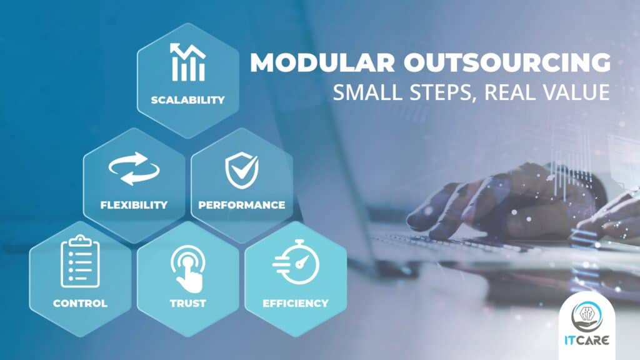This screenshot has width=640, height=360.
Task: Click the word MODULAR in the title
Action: coord(322,62)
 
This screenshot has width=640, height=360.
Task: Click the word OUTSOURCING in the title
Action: coord(507,62)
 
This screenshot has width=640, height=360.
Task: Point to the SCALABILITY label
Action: coord(187,100)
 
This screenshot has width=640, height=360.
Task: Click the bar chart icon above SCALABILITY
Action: coord(187,62)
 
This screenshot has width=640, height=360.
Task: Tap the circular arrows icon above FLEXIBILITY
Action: coord(134,169)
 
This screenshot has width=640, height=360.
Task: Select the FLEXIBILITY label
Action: coord(134,205)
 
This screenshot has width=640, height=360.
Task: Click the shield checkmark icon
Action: coord(242,170)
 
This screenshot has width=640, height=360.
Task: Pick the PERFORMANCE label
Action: coord(242,205)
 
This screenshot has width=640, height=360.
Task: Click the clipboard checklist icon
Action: coord(80,261)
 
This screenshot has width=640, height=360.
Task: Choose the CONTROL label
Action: coord(81,303)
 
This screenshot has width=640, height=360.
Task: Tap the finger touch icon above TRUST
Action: coord(187,268)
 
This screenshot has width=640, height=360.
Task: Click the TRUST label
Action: coord(188,303)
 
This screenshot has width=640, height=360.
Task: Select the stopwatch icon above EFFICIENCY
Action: coord(296,262)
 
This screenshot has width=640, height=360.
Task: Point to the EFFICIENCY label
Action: coord(296,303)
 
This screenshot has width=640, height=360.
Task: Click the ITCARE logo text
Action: coord(587,341)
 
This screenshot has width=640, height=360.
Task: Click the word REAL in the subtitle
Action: coord(509,92)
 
